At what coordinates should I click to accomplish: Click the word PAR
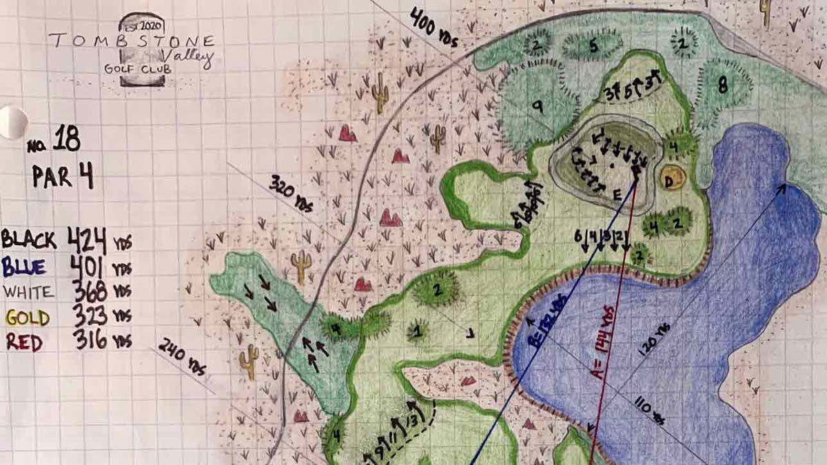click(52, 176)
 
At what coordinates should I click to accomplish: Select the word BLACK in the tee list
click(29, 240)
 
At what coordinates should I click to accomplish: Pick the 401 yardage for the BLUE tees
click(89, 266)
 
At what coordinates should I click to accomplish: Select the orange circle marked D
click(671, 179)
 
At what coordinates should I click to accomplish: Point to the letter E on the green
click(617, 194)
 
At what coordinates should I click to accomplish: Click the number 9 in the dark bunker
click(538, 107)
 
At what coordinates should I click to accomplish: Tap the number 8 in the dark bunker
click(722, 85)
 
